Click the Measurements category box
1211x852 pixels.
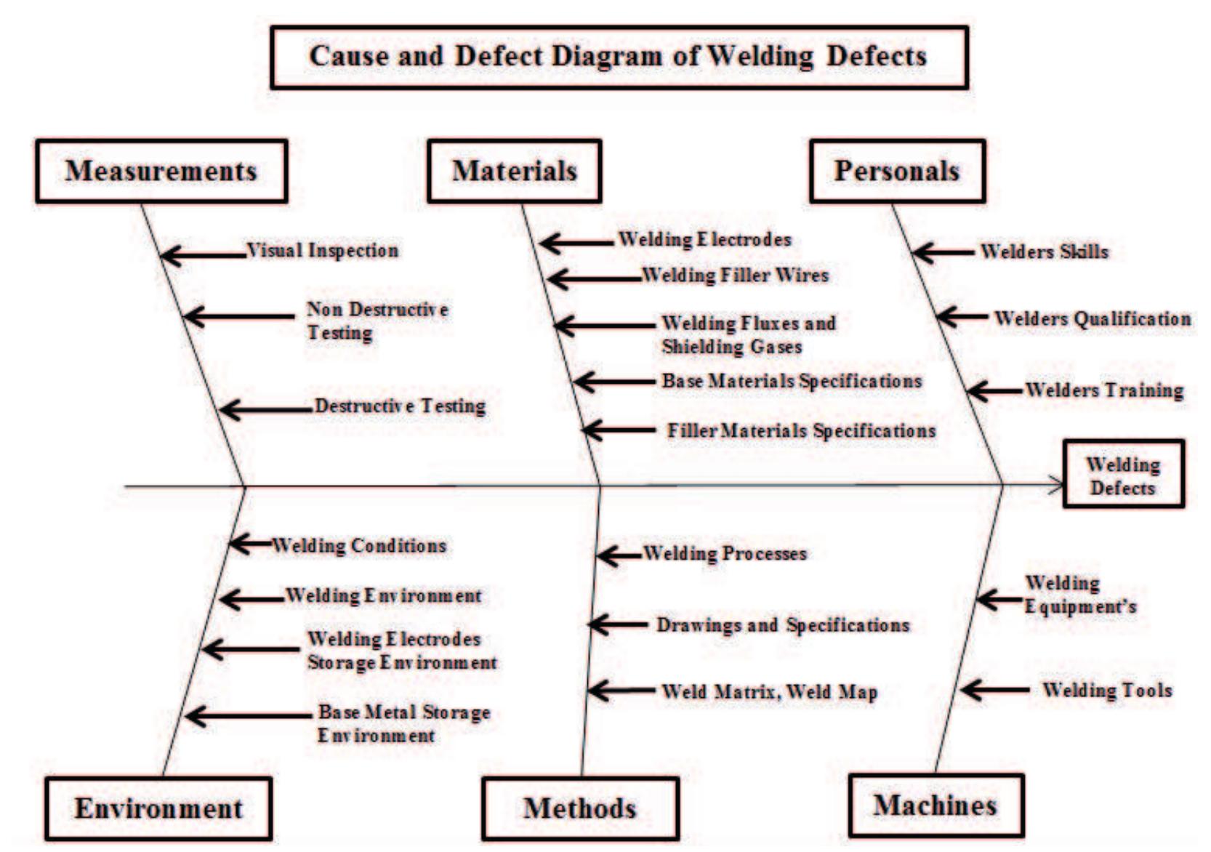click(161, 172)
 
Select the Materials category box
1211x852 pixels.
click(514, 172)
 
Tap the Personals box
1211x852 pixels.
click(897, 172)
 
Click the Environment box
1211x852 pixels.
click(158, 809)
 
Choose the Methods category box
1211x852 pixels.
click(580, 809)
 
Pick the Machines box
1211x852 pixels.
click(936, 805)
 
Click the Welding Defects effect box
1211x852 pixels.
click(1123, 474)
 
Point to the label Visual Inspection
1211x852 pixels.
click(323, 251)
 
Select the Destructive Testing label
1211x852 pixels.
click(400, 406)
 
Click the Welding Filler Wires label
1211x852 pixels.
click(735, 276)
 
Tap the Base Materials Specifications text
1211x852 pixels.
click(792, 381)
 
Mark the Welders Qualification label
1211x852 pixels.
click(1093, 318)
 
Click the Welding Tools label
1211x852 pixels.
click(1107, 690)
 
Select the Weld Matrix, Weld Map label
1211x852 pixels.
click(769, 691)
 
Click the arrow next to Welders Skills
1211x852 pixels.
click(943, 252)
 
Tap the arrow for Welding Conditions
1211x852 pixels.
click(250, 543)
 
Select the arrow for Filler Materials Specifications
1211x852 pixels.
click(618, 430)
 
